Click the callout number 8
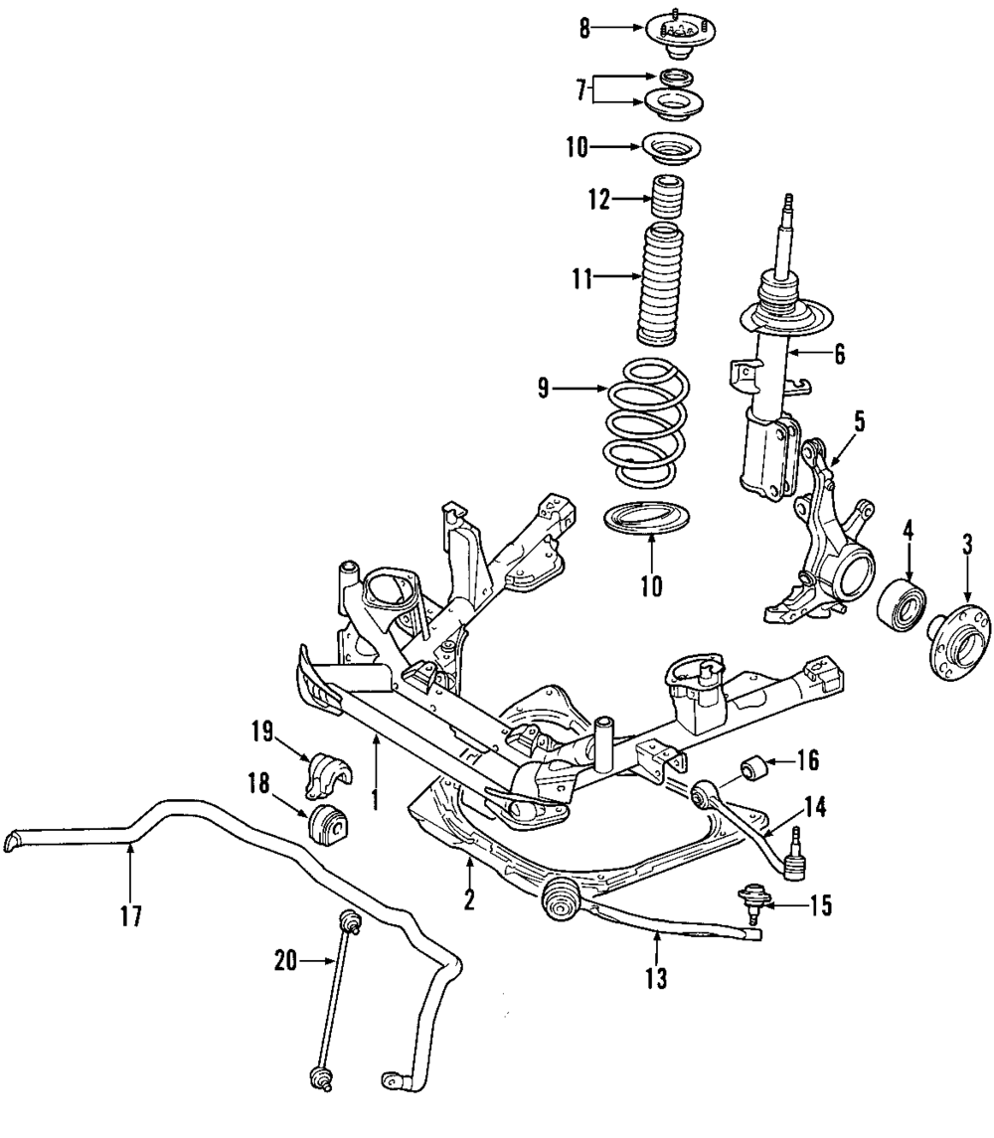[x=585, y=29]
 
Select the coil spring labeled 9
[x=649, y=425]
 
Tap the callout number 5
[x=859, y=420]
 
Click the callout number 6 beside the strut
[x=839, y=354]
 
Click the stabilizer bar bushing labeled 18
[x=329, y=823]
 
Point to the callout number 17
[x=131, y=915]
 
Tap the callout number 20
[x=284, y=960]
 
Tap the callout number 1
[x=375, y=800]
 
